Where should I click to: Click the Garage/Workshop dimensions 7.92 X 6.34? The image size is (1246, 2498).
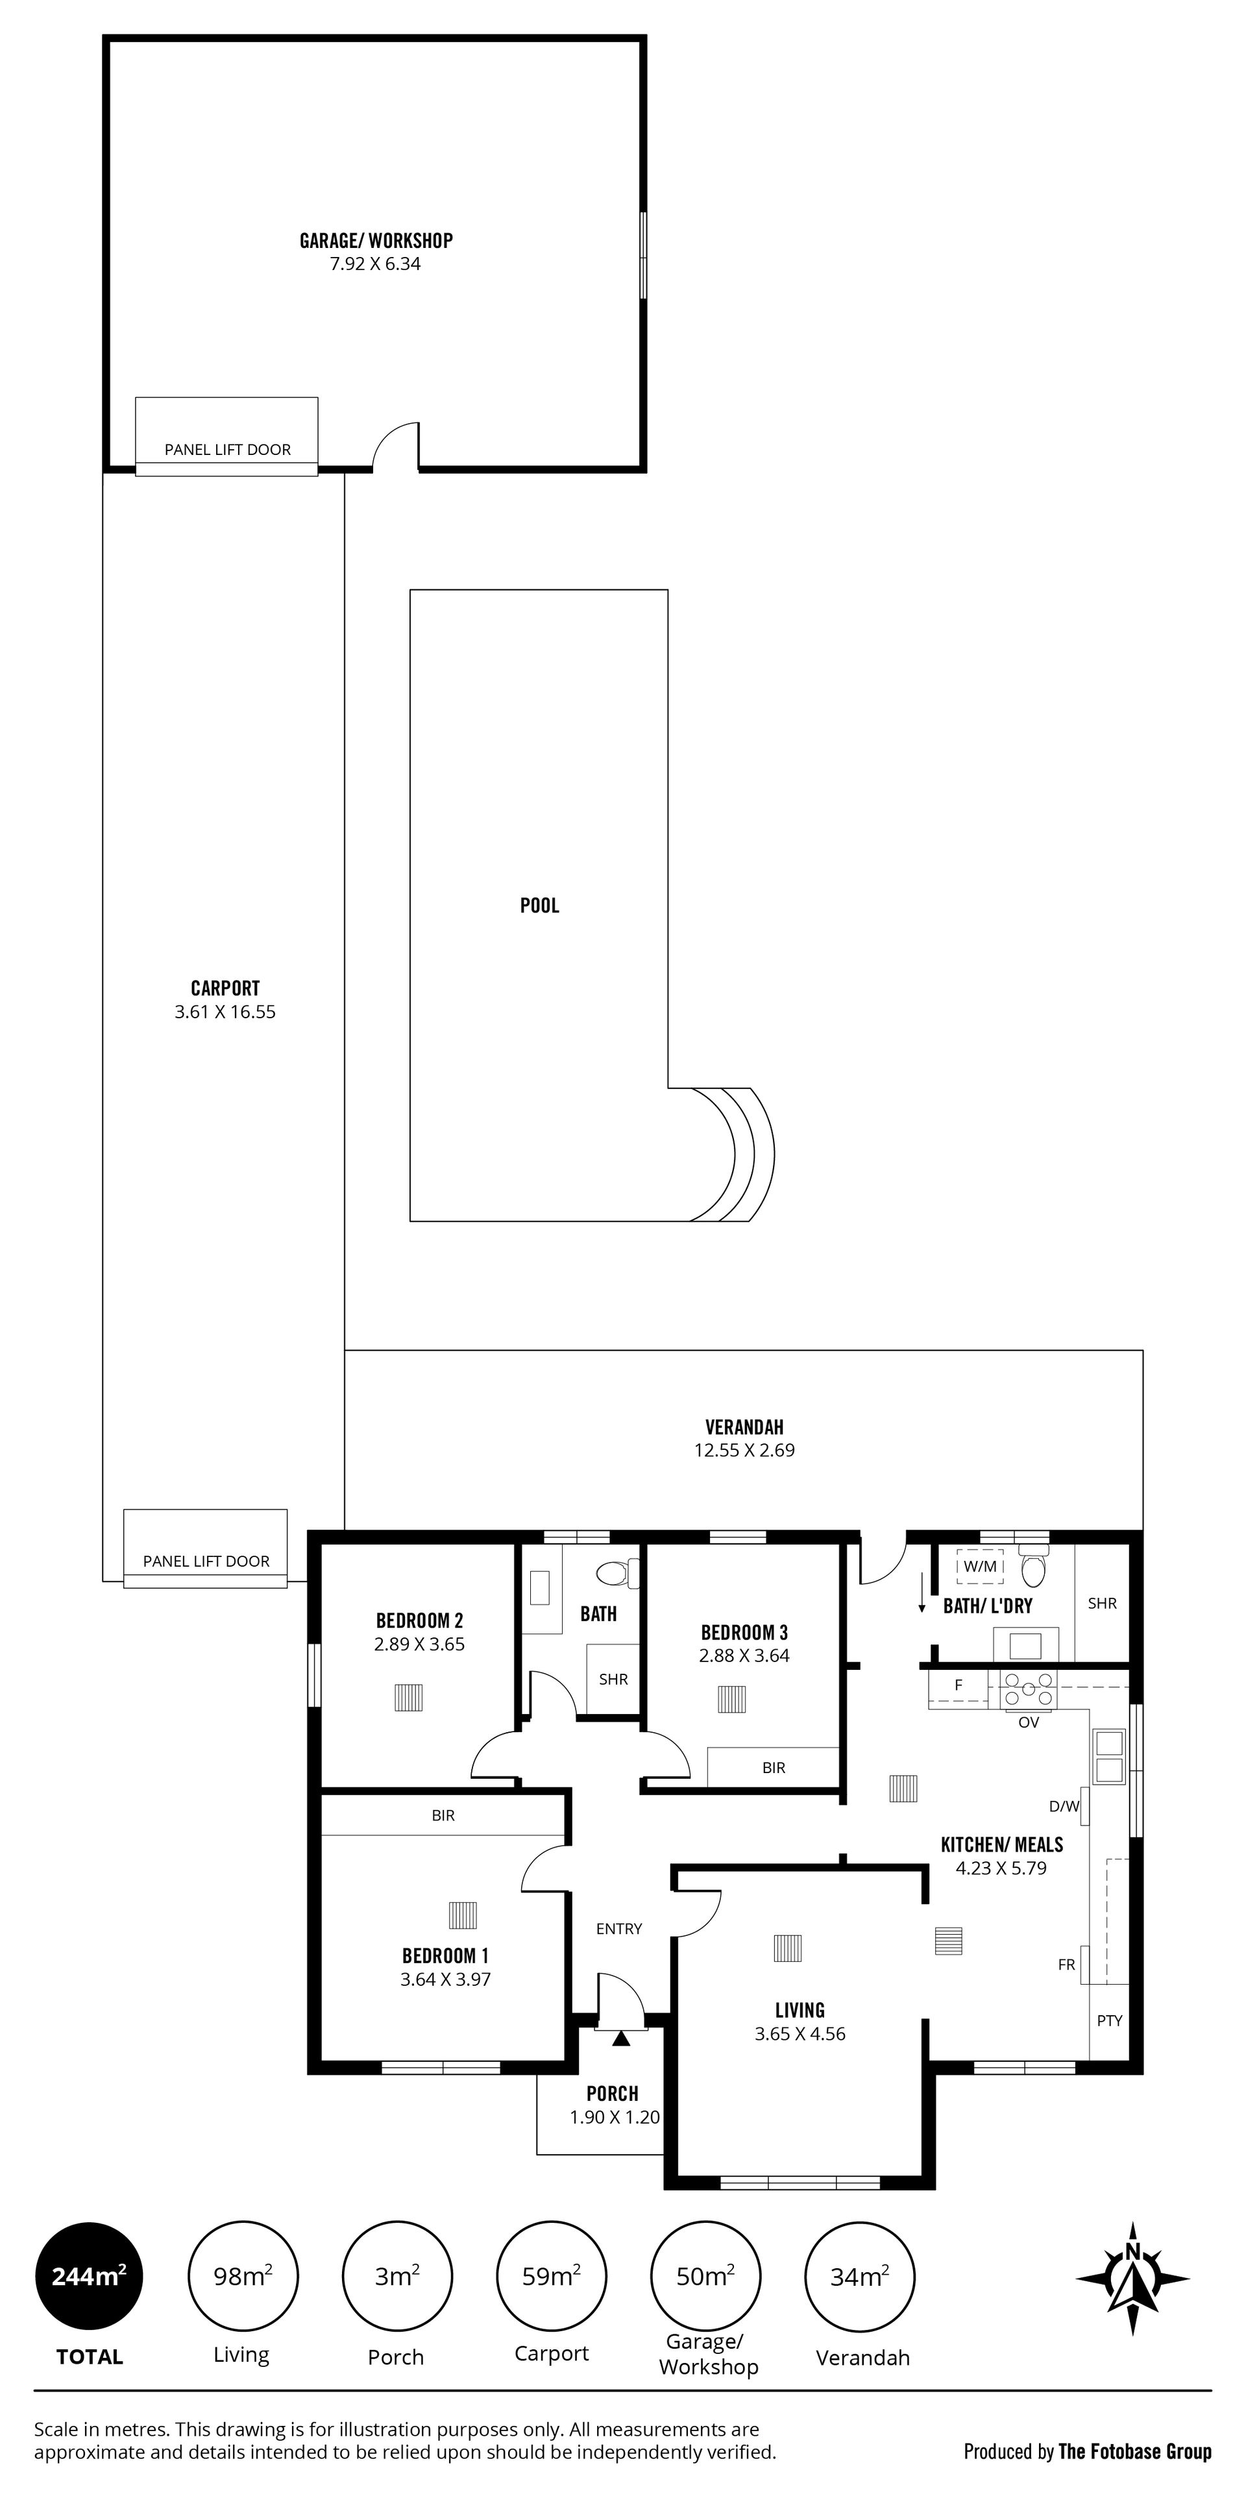375,263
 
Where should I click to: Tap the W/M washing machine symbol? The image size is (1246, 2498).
981,1566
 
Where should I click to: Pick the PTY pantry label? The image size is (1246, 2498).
1109,2021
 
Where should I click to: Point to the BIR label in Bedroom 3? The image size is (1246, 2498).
774,1768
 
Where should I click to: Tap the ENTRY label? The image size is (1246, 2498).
618,1929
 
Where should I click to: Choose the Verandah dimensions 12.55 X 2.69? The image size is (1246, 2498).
744,1451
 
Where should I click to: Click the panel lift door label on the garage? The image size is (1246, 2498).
228,450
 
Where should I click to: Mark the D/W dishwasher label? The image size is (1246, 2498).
1064,1807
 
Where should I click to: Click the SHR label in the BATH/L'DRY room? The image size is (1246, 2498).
1103,1604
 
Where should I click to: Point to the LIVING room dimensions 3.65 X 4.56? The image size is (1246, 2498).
800,2035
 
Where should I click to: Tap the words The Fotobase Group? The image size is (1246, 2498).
1134,2451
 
